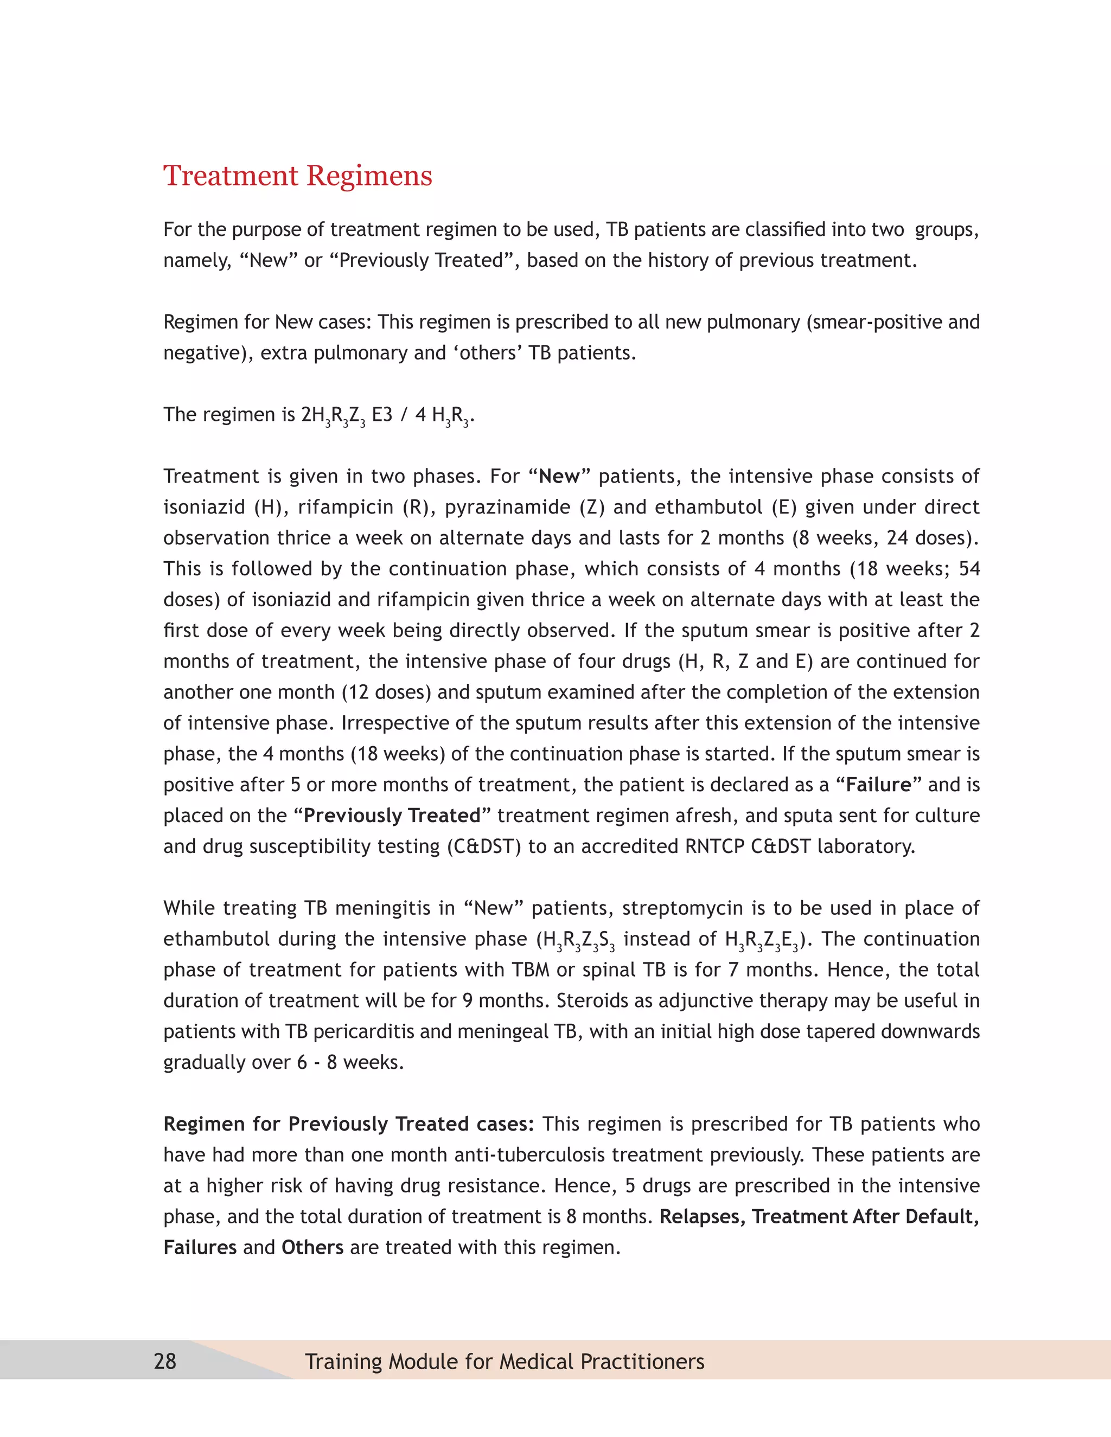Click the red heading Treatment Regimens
(x=297, y=176)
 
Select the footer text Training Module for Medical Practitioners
(x=504, y=1361)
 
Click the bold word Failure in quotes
(x=879, y=785)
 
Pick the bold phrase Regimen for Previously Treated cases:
(x=349, y=1125)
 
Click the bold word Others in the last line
(x=312, y=1248)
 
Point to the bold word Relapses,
(x=703, y=1217)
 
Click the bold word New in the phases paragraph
(x=559, y=476)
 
